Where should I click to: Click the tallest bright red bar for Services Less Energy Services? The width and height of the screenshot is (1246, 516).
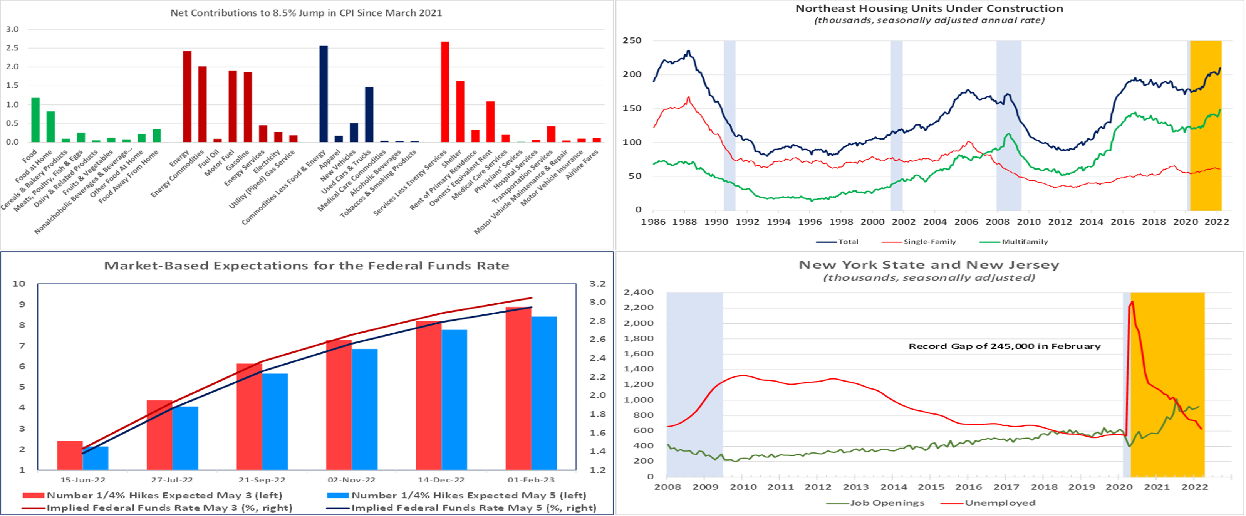(444, 92)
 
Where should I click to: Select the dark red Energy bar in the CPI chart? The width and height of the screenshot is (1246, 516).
(187, 97)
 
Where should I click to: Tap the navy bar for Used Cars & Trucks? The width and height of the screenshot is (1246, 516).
(369, 115)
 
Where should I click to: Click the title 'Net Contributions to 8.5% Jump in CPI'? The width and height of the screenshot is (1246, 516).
(306, 13)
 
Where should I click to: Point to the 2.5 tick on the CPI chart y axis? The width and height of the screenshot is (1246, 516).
(13, 48)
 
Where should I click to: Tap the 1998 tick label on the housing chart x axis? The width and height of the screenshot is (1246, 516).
(841, 222)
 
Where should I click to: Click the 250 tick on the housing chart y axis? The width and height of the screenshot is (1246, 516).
(632, 41)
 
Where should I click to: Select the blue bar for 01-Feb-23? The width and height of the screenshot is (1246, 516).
(544, 393)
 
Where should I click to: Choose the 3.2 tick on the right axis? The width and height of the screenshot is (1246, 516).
(597, 284)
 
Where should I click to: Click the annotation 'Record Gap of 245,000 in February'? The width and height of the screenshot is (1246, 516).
(1004, 346)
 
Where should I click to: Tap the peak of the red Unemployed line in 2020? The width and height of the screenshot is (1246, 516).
(1132, 302)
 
